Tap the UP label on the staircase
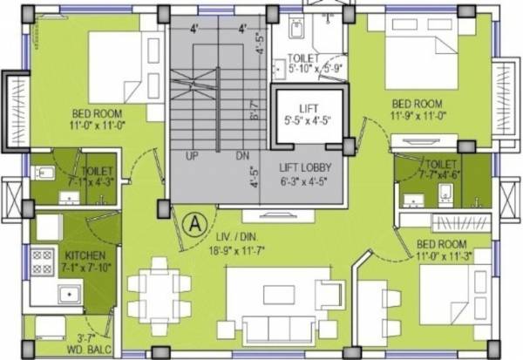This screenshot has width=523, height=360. [x=194, y=155]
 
